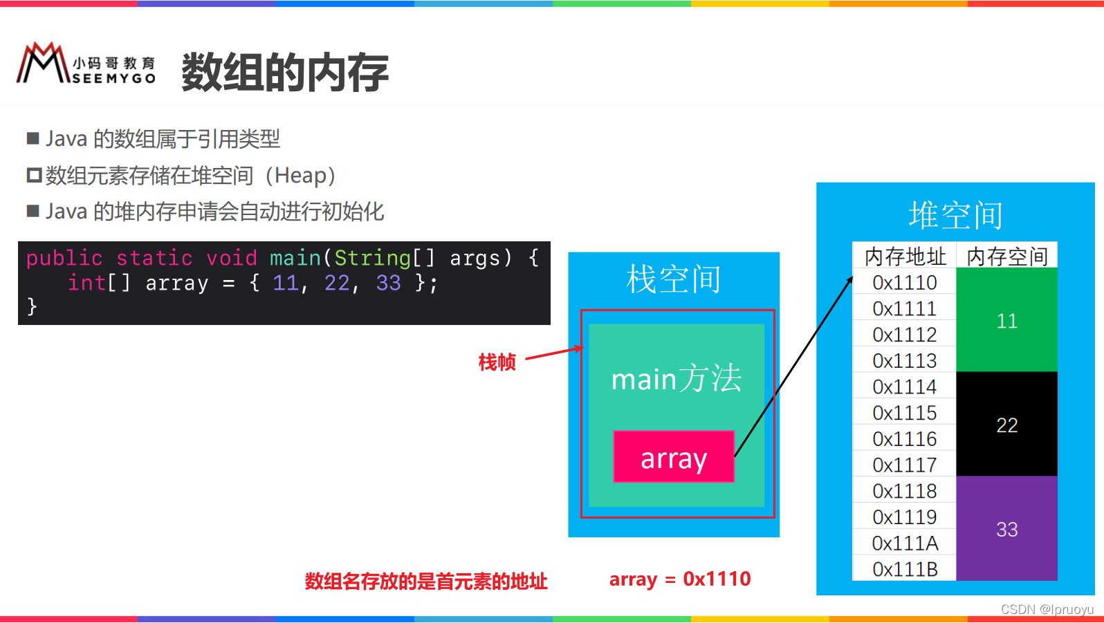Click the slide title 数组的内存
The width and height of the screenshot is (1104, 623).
(284, 72)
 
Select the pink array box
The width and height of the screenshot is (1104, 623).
(673, 457)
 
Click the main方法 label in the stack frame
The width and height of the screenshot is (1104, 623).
(676, 379)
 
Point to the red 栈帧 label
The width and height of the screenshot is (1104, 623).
(497, 362)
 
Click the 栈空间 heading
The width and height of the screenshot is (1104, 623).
(673, 279)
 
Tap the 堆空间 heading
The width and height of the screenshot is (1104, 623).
(955, 214)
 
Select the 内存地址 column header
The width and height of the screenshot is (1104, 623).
(905, 257)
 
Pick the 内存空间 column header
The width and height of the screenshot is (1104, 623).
(1006, 257)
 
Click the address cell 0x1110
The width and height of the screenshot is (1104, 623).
(905, 283)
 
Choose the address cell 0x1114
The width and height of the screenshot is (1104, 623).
(905, 387)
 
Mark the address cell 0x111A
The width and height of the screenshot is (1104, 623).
(905, 543)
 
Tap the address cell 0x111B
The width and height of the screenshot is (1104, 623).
(905, 569)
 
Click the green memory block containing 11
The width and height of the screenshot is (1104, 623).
(1006, 321)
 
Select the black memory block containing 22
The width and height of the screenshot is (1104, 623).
(1006, 425)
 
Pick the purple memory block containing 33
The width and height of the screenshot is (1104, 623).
(1006, 529)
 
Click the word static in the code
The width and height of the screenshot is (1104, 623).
(154, 258)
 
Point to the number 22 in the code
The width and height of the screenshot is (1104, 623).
(337, 283)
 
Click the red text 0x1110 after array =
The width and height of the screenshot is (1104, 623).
(717, 579)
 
